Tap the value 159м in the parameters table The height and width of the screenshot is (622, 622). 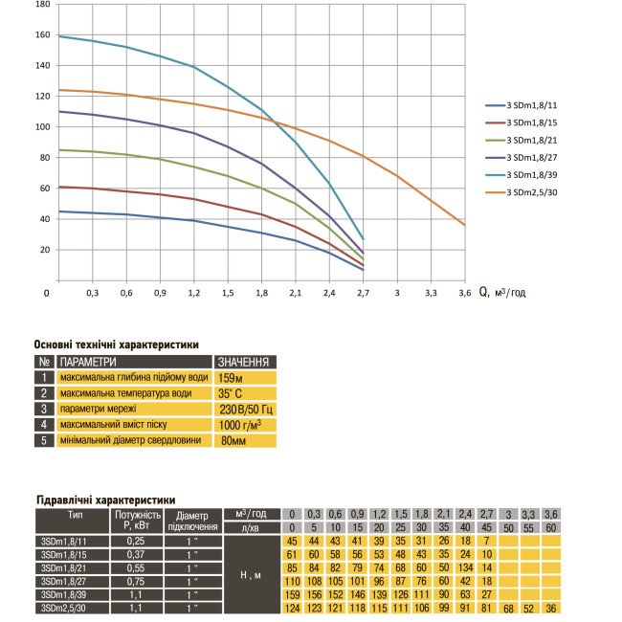tap(233, 378)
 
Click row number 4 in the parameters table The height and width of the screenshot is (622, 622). tap(44, 425)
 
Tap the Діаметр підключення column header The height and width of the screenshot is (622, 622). tap(192, 521)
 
